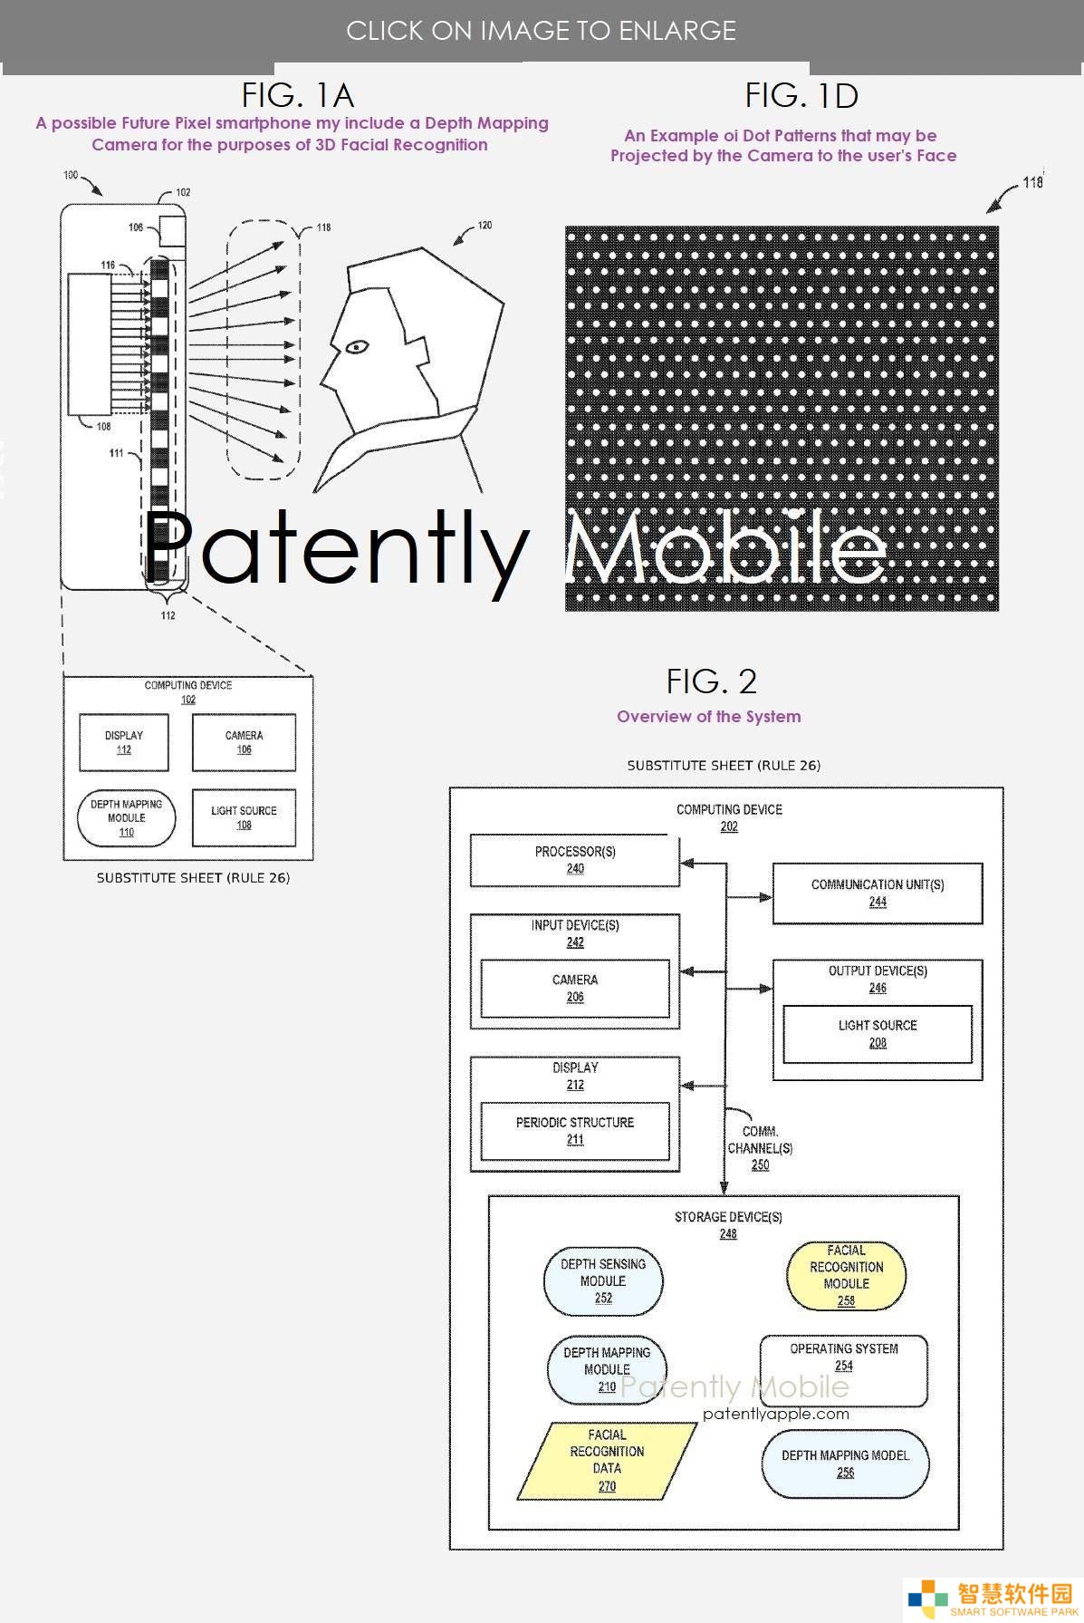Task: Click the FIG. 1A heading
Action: coord(297,95)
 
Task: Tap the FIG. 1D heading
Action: coord(801,95)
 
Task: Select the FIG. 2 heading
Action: coord(711,681)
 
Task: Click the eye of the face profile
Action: coord(356,345)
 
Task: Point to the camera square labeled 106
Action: coord(172,230)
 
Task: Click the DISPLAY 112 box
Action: coord(124,742)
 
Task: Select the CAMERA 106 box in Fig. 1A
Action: coord(244,742)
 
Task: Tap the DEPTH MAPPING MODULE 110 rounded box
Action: coord(127,817)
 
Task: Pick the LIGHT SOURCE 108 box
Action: coord(244,817)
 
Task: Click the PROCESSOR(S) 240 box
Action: coord(575,861)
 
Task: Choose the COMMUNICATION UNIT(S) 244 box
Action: coord(878,894)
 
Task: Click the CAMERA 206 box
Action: coord(575,989)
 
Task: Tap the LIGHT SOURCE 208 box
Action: coord(878,1034)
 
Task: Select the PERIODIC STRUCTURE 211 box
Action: coord(575,1131)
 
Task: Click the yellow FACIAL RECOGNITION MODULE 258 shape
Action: coord(846,1275)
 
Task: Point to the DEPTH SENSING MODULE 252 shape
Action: coord(603,1281)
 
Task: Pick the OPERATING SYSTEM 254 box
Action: coord(844,1370)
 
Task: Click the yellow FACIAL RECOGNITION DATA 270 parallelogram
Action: coord(607,1460)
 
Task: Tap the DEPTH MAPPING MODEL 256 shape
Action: coord(845,1464)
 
